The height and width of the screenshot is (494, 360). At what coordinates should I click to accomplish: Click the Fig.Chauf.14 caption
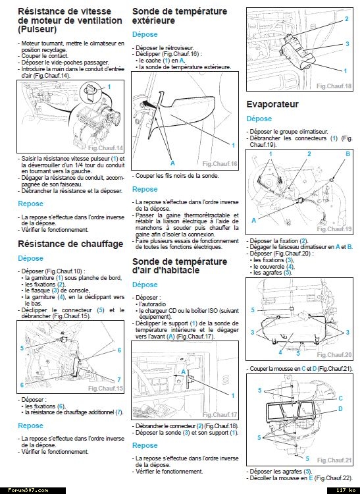coord(105,148)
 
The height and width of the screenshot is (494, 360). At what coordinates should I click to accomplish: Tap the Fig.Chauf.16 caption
coord(220,164)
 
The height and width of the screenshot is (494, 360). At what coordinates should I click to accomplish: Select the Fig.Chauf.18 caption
coord(334,86)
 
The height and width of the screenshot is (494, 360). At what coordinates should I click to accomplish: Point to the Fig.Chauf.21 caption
coord(334,460)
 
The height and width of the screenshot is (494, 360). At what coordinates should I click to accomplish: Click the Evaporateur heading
coord(272,104)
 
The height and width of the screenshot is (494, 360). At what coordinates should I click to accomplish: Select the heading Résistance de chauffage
coord(70,244)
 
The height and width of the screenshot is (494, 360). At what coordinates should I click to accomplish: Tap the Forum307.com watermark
coord(28,490)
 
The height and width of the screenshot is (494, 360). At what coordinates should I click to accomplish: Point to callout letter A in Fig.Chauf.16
coord(172,163)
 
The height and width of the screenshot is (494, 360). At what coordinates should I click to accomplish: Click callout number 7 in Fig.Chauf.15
coord(119,379)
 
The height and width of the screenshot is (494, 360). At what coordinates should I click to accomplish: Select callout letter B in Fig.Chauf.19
coord(347,154)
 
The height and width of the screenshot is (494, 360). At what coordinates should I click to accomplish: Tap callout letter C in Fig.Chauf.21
coord(340,398)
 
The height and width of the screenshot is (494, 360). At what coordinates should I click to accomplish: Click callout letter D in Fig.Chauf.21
coord(340,409)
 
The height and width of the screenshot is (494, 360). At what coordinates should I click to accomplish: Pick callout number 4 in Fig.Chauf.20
coord(280,352)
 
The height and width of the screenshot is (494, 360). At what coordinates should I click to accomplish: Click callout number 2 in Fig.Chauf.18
coord(347,19)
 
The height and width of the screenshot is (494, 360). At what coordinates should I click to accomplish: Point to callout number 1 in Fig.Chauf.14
coord(109,87)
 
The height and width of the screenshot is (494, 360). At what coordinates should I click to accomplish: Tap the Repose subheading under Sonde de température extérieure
coord(145,189)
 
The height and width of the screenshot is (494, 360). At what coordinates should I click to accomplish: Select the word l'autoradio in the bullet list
coord(153,304)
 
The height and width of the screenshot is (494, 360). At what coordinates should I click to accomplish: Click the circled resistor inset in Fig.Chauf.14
coord(91,93)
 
